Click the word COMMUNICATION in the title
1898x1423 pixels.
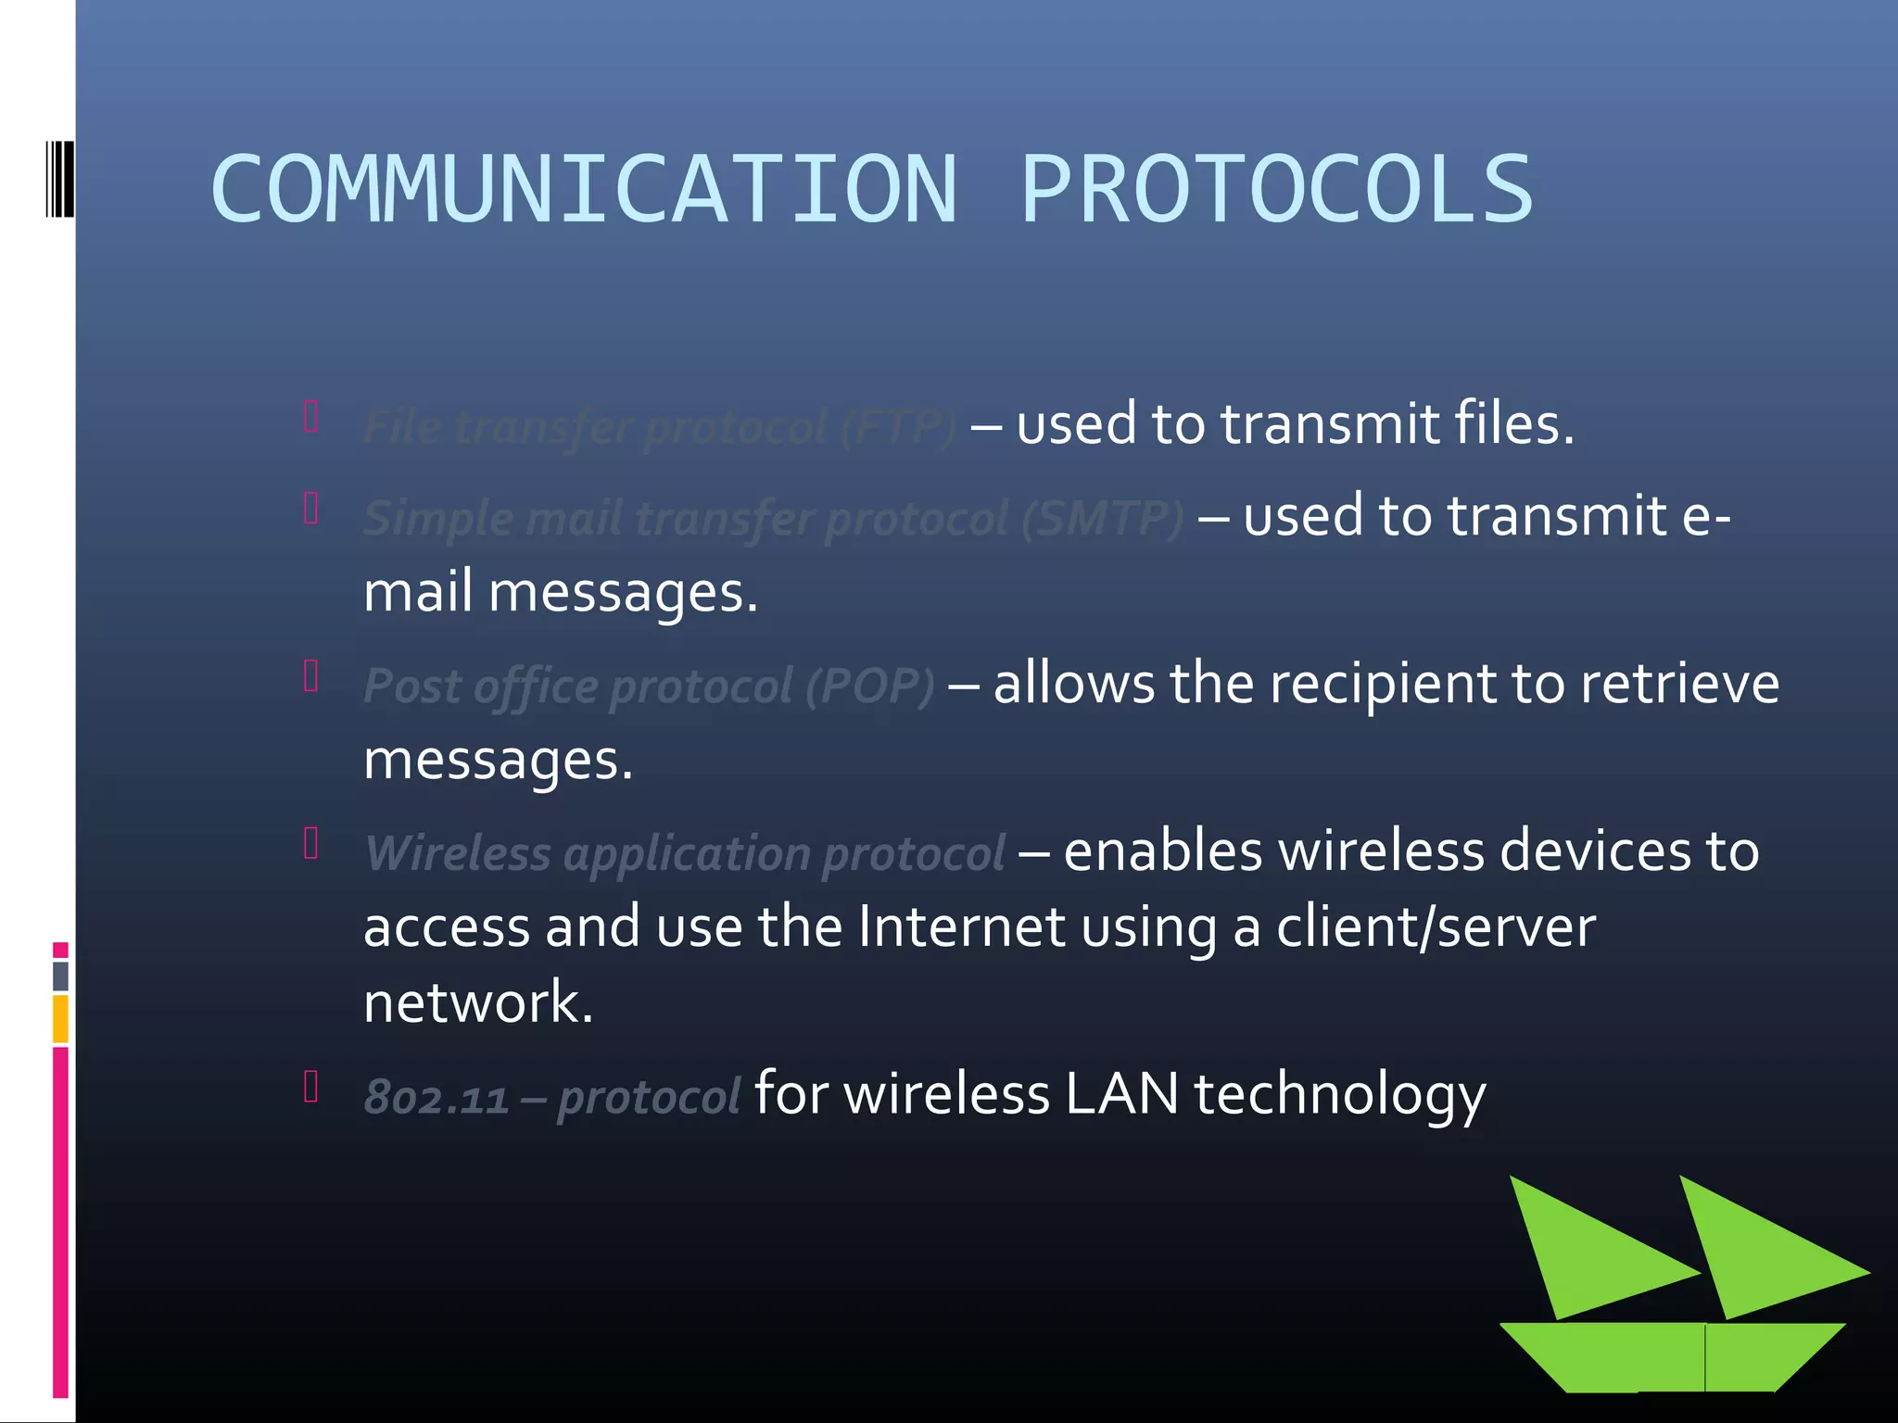584,189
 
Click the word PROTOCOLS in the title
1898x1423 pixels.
1277,189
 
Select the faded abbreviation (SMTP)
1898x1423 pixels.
1102,518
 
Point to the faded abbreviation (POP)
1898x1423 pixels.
869,686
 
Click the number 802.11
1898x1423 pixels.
436,1098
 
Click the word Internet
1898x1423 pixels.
961,926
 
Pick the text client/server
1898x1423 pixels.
1436,926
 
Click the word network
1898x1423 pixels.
477,1002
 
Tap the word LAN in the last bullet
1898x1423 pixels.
1121,1093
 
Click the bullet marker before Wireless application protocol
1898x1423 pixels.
311,843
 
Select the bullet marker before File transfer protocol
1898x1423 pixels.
311,417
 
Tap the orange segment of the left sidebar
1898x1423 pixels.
60,1018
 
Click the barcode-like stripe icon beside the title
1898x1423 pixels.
60,178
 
